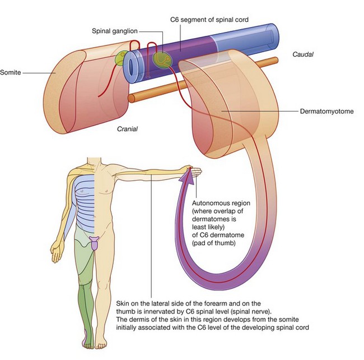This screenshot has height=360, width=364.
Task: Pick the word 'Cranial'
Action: [127, 128]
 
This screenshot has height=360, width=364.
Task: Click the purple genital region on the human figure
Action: [95, 242]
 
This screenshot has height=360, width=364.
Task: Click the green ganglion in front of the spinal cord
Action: [161, 59]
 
